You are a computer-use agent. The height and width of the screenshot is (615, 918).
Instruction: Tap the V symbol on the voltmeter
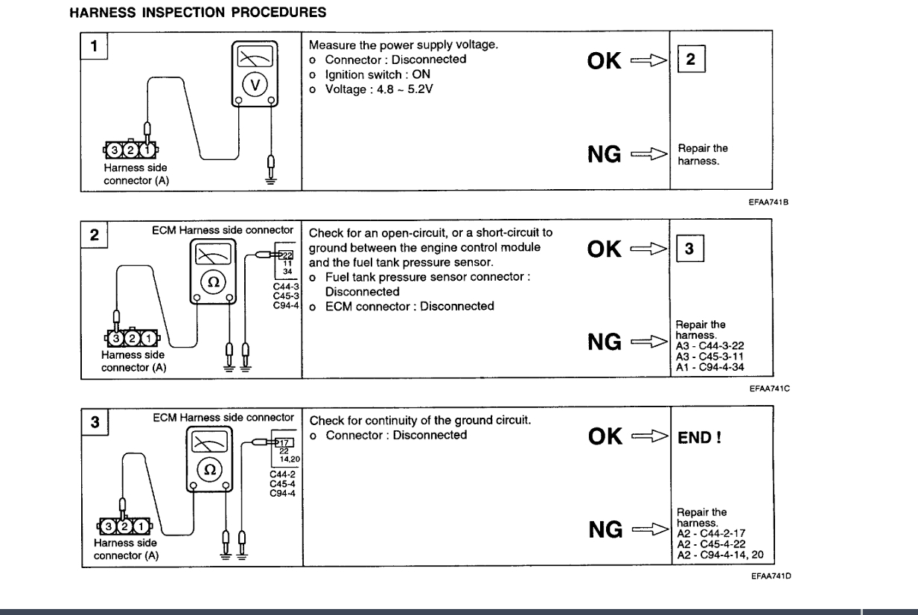pyautogui.click(x=255, y=83)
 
